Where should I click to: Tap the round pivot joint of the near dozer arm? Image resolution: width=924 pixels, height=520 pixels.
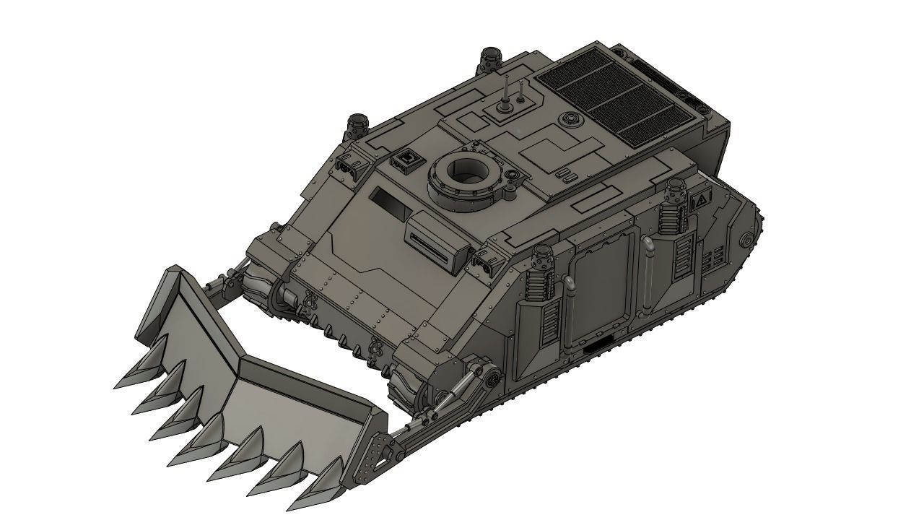(x=489, y=377)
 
